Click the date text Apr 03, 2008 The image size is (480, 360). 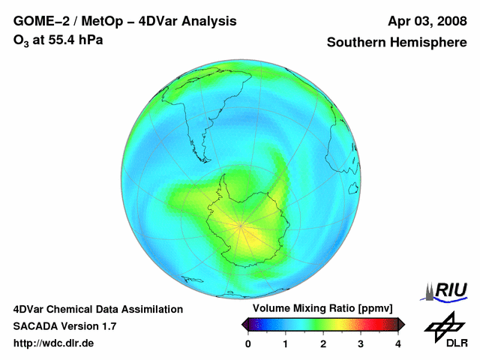click(x=427, y=22)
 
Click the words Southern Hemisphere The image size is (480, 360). click(x=397, y=42)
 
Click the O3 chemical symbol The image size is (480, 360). click(x=21, y=40)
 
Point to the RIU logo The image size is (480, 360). click(x=444, y=292)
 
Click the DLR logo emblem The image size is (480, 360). click(x=445, y=327)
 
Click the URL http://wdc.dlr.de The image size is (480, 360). click(x=53, y=343)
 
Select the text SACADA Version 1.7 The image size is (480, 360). click(x=65, y=326)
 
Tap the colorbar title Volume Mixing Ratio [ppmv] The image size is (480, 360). click(x=322, y=308)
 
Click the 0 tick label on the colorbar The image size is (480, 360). click(x=248, y=344)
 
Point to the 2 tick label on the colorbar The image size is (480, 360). click(x=323, y=344)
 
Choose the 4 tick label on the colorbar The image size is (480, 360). click(x=398, y=344)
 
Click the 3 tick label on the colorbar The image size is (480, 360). click(x=361, y=344)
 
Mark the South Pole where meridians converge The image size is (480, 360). click(x=241, y=226)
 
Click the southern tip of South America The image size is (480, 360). click(x=207, y=161)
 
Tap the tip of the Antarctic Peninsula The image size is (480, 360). click(x=224, y=175)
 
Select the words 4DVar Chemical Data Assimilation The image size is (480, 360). click(x=98, y=310)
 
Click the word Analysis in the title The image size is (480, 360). click(x=208, y=22)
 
